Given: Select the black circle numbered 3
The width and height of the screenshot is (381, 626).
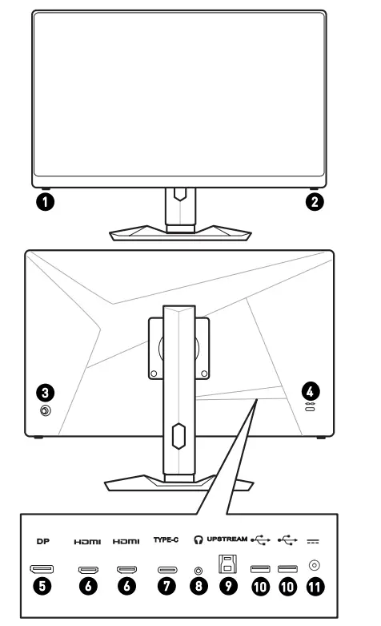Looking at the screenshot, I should tap(46, 392).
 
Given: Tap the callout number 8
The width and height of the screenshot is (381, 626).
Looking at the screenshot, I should tap(199, 587).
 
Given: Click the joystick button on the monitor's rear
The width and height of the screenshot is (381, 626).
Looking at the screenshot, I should tap(46, 410).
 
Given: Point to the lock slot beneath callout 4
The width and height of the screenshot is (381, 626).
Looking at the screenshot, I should tap(310, 409).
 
